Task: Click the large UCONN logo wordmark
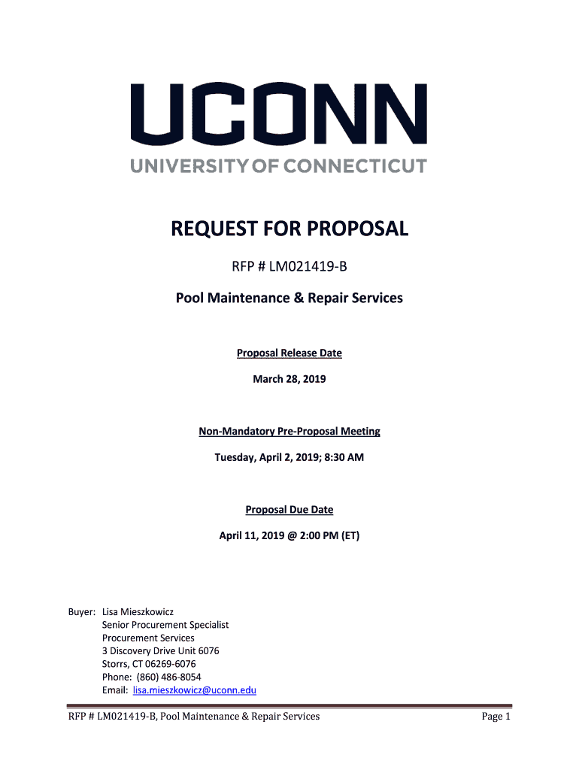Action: click(278, 114)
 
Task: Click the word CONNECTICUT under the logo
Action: click(352, 165)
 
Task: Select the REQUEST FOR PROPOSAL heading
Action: click(289, 229)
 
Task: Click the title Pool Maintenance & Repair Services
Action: click(289, 298)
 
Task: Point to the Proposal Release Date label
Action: click(289, 353)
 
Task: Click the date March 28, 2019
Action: click(289, 380)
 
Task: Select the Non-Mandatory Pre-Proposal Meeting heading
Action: click(289, 432)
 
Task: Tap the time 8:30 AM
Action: click(342, 457)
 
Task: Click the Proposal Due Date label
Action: click(289, 510)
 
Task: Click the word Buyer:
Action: click(82, 612)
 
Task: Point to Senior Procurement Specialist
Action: click(165, 625)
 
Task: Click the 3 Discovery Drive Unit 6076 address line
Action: click(161, 651)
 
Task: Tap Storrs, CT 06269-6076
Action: click(149, 664)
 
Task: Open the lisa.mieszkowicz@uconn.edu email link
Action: click(195, 690)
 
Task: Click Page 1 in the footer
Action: click(496, 717)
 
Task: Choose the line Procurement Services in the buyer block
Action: click(148, 638)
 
